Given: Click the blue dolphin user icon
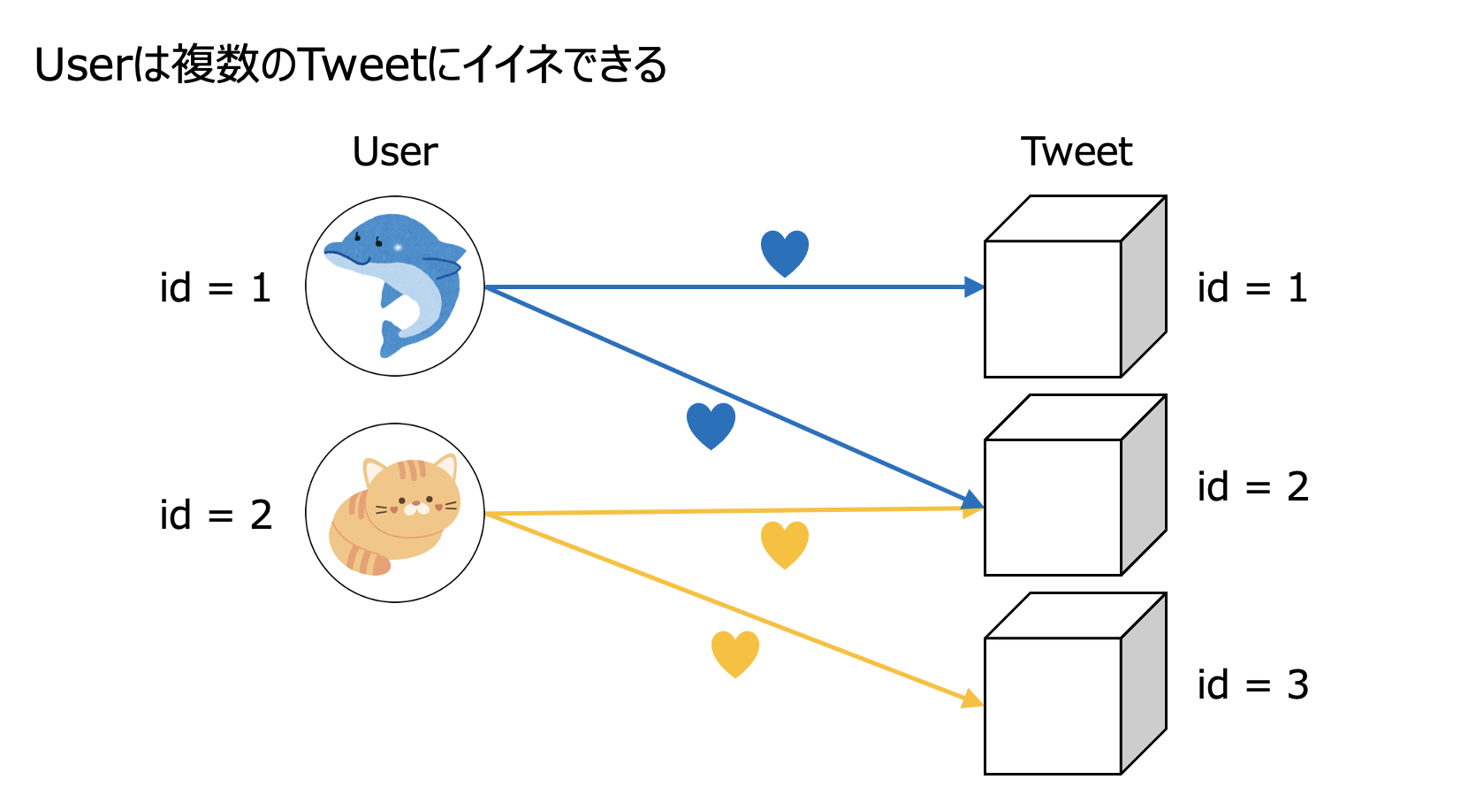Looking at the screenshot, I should [395, 286].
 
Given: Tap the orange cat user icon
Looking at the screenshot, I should [395, 513].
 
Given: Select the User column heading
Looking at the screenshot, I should [394, 152].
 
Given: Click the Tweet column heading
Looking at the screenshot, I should [1076, 152].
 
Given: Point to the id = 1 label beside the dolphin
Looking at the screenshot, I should [215, 288].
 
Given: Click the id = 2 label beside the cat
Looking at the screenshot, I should [215, 515].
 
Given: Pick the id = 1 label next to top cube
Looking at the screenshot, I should [1252, 288].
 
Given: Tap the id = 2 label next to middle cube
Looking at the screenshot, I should [1252, 486].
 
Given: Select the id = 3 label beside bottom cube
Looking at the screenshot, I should [1252, 684].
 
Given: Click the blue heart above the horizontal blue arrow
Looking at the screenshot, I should [785, 251].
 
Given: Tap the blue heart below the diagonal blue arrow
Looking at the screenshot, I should [711, 424].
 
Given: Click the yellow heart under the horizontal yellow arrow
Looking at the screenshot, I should [785, 542].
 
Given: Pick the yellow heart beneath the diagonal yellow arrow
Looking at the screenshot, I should [735, 652].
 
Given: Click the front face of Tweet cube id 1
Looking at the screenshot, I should [1053, 309].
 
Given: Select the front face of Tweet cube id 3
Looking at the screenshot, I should [1053, 705].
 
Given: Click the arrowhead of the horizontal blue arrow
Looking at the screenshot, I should [974, 287].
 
